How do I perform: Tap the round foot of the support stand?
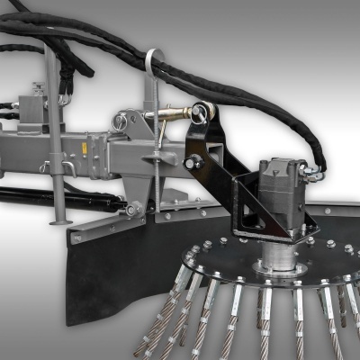pos(57,220)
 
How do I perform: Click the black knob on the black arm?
pos(193,163)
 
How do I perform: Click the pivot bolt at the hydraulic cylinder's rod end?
pos(133,209)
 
